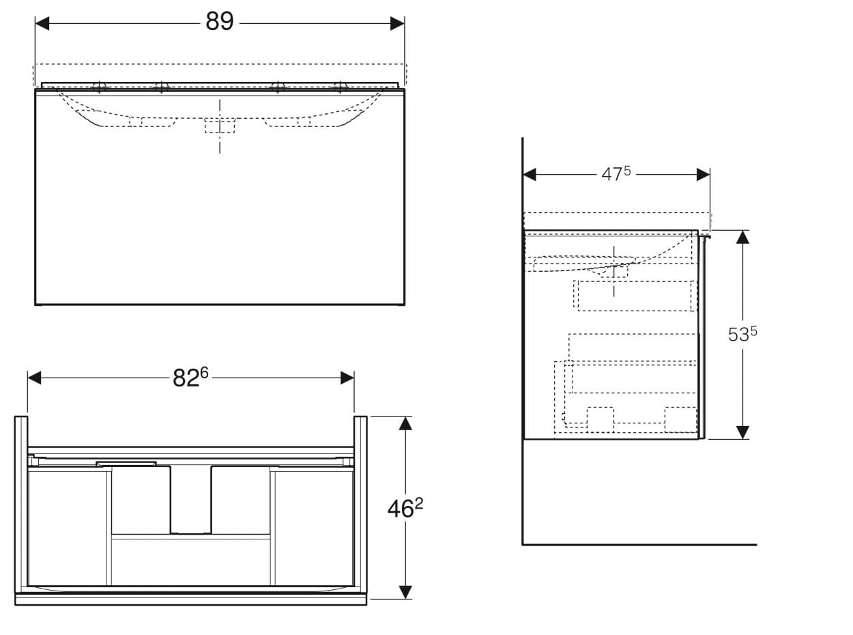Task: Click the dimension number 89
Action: coord(219,22)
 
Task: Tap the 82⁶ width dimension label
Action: coord(190,378)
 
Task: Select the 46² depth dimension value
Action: coord(405,508)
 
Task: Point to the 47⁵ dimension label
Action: coord(616,174)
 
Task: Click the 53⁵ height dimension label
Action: coord(742,334)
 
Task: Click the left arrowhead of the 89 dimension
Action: coord(42,23)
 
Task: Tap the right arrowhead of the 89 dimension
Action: coord(397,23)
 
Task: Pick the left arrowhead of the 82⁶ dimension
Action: coord(35,378)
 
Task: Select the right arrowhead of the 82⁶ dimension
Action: coord(347,378)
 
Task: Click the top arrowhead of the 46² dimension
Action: coord(405,423)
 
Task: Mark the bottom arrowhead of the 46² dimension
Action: coord(405,592)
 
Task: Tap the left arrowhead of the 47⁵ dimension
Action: coord(530,174)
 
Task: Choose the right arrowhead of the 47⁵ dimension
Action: coord(703,174)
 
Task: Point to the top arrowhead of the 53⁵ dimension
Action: coord(742,237)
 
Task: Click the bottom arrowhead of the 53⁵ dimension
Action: coord(742,432)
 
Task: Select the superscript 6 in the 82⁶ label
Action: coord(204,372)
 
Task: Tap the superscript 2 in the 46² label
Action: coord(419,503)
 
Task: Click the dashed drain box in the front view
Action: coord(220,126)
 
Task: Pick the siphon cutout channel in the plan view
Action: coord(191,500)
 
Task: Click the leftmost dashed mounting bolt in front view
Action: coord(99,87)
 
